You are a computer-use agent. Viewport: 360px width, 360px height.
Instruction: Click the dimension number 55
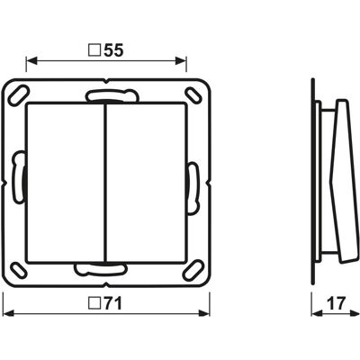(x=113, y=50)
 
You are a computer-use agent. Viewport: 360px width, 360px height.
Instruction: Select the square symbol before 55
(x=94, y=50)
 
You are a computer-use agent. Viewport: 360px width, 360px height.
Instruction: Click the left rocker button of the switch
(x=65, y=183)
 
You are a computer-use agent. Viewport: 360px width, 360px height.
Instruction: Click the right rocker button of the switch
(x=146, y=183)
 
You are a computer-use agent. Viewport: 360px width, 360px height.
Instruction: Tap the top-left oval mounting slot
(x=18, y=95)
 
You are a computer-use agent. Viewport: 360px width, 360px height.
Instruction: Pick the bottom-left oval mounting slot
(x=18, y=270)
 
